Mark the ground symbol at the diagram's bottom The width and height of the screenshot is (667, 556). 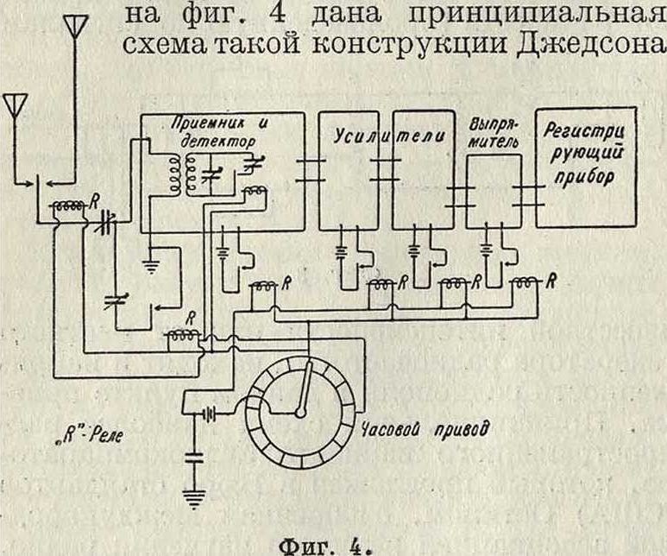pos(198,496)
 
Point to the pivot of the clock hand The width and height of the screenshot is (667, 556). pos(299,413)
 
